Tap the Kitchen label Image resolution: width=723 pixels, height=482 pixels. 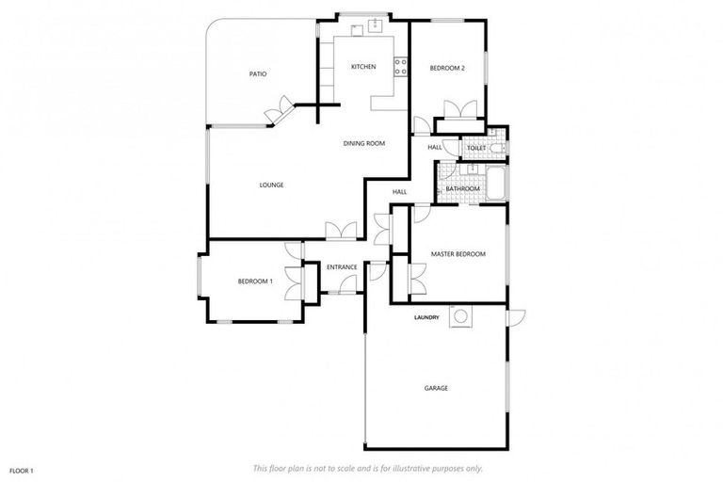click(363, 67)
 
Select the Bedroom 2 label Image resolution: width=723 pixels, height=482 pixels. click(447, 67)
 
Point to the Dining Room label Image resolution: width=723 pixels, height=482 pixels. click(364, 143)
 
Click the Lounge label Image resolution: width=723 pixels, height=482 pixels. click(271, 185)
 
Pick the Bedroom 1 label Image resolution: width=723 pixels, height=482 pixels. click(254, 281)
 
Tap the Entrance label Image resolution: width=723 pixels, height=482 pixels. click(341, 267)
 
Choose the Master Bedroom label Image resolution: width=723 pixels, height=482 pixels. click(458, 254)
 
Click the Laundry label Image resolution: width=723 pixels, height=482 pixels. click(426, 317)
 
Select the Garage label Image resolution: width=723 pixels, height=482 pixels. click(435, 388)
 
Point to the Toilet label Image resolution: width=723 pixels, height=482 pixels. click(475, 148)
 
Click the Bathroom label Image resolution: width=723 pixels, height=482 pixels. click(462, 189)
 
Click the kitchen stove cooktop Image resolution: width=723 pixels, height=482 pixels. click(400, 67)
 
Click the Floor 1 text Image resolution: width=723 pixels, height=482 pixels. click(22, 469)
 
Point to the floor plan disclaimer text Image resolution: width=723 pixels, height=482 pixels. click(368, 468)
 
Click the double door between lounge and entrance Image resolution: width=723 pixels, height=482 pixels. click(341, 230)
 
